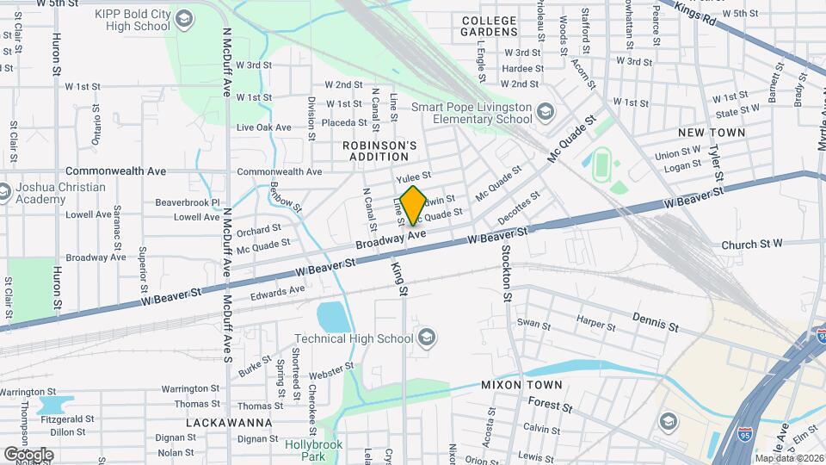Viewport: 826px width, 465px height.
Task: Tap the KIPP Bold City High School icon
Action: (183, 18)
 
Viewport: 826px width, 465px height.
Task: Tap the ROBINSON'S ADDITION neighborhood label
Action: (379, 152)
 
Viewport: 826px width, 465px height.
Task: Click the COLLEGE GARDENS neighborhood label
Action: (489, 26)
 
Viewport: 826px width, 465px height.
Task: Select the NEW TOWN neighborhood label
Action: (711, 133)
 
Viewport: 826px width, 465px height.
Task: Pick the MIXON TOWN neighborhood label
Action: (521, 385)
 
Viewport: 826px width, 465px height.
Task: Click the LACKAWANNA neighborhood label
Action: (229, 423)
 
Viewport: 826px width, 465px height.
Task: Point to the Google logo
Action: (28, 454)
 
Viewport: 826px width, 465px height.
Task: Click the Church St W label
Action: (751, 244)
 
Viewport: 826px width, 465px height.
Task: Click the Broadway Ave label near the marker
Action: (392, 240)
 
